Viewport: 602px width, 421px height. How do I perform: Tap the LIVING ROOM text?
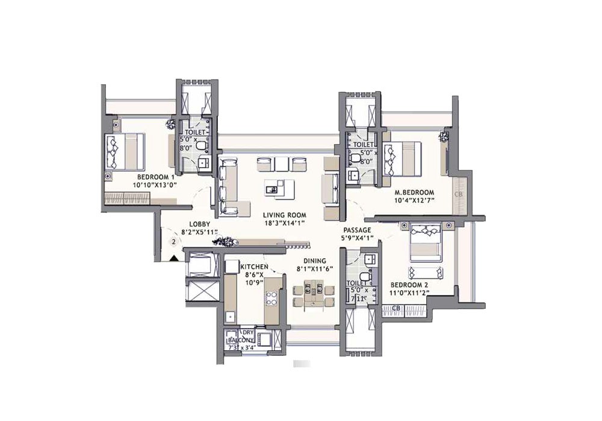click(285, 215)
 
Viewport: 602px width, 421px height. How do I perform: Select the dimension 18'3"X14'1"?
click(285, 223)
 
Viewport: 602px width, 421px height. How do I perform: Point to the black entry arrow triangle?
click(173, 258)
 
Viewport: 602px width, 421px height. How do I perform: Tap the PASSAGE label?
click(357, 230)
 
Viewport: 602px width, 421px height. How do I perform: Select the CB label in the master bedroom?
click(459, 194)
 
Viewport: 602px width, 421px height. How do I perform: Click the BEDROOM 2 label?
click(409, 285)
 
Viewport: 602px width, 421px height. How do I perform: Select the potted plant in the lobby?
click(224, 242)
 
